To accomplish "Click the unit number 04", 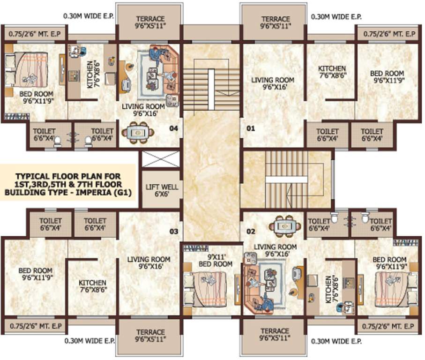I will (174, 128).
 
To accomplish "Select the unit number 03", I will (174, 232).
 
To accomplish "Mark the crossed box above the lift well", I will (160, 159).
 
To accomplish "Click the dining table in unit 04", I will (138, 133).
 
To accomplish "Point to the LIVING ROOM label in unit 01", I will (272, 83).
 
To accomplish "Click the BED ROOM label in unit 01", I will (387, 76).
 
